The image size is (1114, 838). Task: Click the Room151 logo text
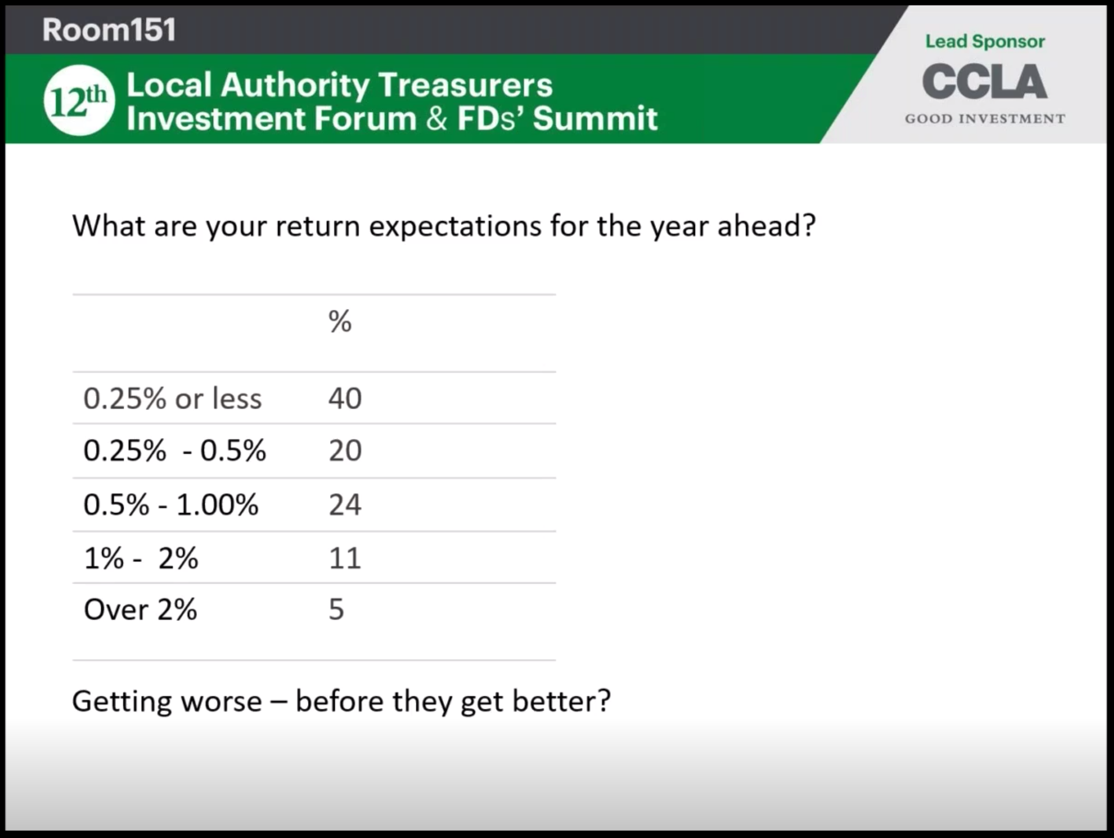click(x=109, y=29)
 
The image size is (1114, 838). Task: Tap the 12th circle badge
click(x=79, y=100)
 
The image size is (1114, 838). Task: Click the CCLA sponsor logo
click(x=984, y=82)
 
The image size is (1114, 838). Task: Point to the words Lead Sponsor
click(x=985, y=41)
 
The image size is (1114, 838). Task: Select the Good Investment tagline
click(x=985, y=118)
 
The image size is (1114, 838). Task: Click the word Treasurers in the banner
click(x=465, y=85)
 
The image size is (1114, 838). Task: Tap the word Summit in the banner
click(x=595, y=118)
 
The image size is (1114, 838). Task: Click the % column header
click(x=340, y=321)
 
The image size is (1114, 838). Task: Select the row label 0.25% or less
click(x=172, y=398)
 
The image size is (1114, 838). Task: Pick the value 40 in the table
click(x=345, y=398)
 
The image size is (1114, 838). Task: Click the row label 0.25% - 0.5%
click(x=175, y=451)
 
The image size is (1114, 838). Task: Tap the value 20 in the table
click(x=345, y=451)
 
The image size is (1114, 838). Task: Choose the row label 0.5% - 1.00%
click(x=171, y=505)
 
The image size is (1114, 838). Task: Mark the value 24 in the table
click(x=345, y=504)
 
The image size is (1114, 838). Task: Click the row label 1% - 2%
click(x=141, y=558)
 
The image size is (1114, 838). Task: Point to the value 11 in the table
click(x=345, y=558)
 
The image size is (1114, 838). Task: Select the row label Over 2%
click(x=141, y=610)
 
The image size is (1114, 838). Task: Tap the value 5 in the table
click(x=336, y=610)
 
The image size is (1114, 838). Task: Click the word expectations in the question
click(x=455, y=227)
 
